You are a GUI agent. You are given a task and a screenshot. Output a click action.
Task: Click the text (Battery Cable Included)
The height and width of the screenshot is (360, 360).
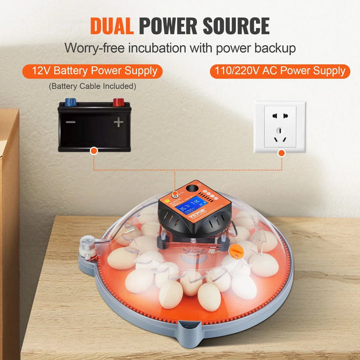pyautogui.click(x=92, y=87)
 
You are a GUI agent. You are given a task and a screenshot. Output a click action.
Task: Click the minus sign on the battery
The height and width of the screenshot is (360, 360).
pyautogui.click(x=70, y=123)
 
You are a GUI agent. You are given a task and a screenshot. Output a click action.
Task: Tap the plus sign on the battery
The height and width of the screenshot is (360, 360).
pyautogui.click(x=118, y=123)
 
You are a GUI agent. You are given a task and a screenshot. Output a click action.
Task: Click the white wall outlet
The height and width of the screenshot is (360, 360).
pyautogui.click(x=280, y=127)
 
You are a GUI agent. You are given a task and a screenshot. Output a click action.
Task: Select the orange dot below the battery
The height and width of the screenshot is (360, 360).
pyautogui.click(x=93, y=150)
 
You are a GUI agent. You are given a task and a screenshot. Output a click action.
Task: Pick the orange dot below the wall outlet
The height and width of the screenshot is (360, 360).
pyautogui.click(x=282, y=152)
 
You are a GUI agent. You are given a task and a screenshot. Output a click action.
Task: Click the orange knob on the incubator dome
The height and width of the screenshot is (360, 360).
pyautogui.click(x=235, y=251)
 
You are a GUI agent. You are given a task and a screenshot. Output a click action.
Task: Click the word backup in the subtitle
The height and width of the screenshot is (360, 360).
pyautogui.click(x=275, y=48)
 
